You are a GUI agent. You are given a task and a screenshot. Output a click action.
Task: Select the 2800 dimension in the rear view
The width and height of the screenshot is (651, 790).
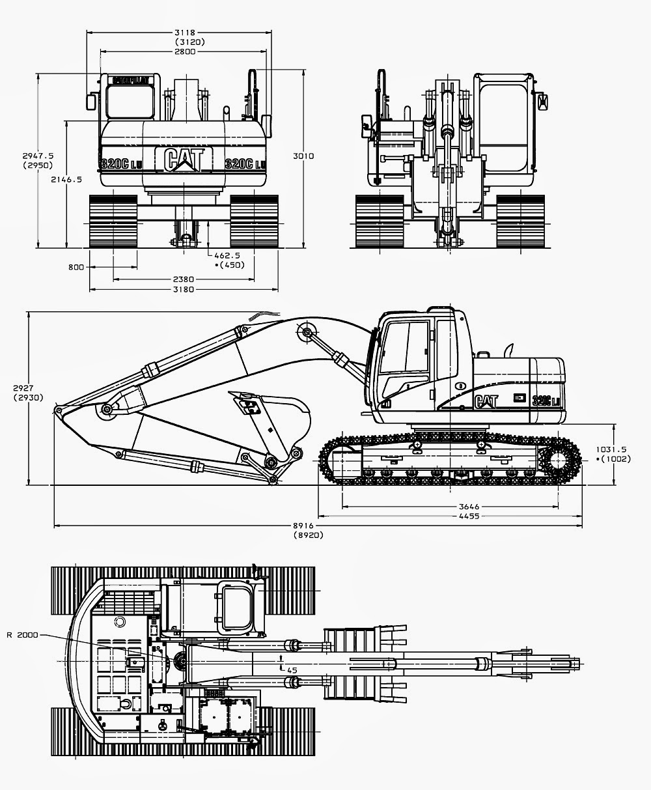click(185, 51)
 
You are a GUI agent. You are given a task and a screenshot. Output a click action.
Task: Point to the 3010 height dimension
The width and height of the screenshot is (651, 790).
click(304, 156)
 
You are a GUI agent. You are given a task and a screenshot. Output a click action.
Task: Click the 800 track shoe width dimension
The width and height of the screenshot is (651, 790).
click(76, 267)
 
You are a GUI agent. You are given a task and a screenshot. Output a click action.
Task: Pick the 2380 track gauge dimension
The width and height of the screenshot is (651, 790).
click(184, 279)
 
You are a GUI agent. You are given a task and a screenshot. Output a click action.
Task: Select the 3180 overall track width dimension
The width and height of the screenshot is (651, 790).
click(184, 289)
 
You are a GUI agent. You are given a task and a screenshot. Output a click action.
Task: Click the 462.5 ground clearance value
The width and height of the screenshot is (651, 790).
click(229, 256)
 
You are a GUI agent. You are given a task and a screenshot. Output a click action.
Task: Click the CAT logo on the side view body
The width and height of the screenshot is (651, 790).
click(487, 401)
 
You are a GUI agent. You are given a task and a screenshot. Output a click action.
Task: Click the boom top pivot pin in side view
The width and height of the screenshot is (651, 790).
click(307, 333)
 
